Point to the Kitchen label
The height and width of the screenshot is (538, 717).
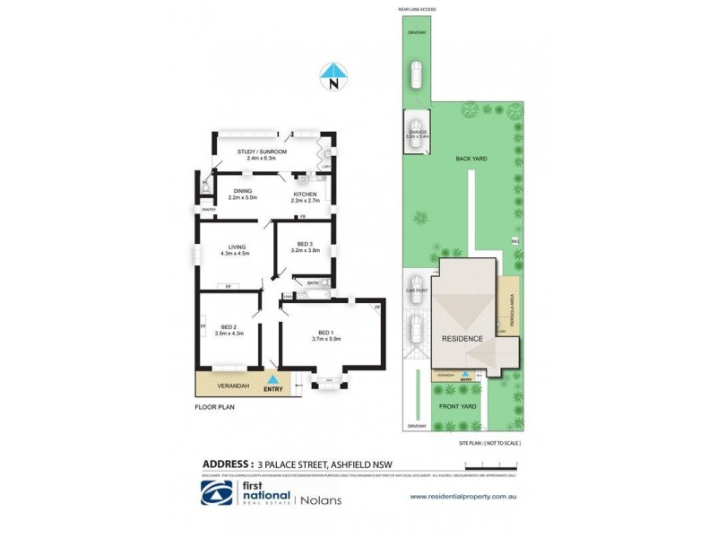click(305, 191)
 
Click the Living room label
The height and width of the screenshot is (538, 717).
click(237, 247)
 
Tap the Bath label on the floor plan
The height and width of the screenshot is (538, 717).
click(313, 283)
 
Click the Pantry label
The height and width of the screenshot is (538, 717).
click(208, 210)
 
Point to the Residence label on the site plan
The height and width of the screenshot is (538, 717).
click(462, 338)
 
